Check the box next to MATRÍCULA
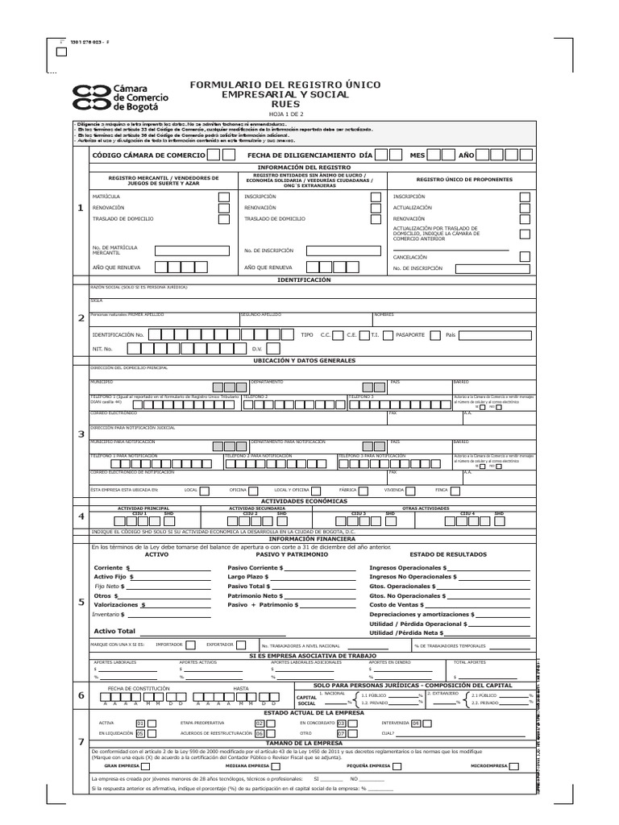tap(223, 197)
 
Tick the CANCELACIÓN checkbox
tap(525, 257)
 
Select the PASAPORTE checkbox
tap(435, 334)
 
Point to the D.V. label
tap(257, 349)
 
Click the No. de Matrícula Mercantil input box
tap(191, 251)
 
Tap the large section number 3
tap(80, 435)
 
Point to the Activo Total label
tap(114, 631)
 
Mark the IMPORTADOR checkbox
tap(190, 645)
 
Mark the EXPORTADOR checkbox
tap(240, 645)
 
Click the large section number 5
tap(80, 601)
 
